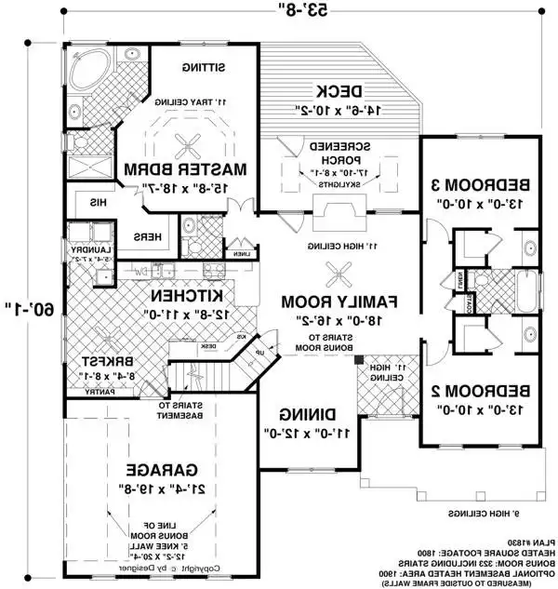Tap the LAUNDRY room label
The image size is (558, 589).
point(82,250)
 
